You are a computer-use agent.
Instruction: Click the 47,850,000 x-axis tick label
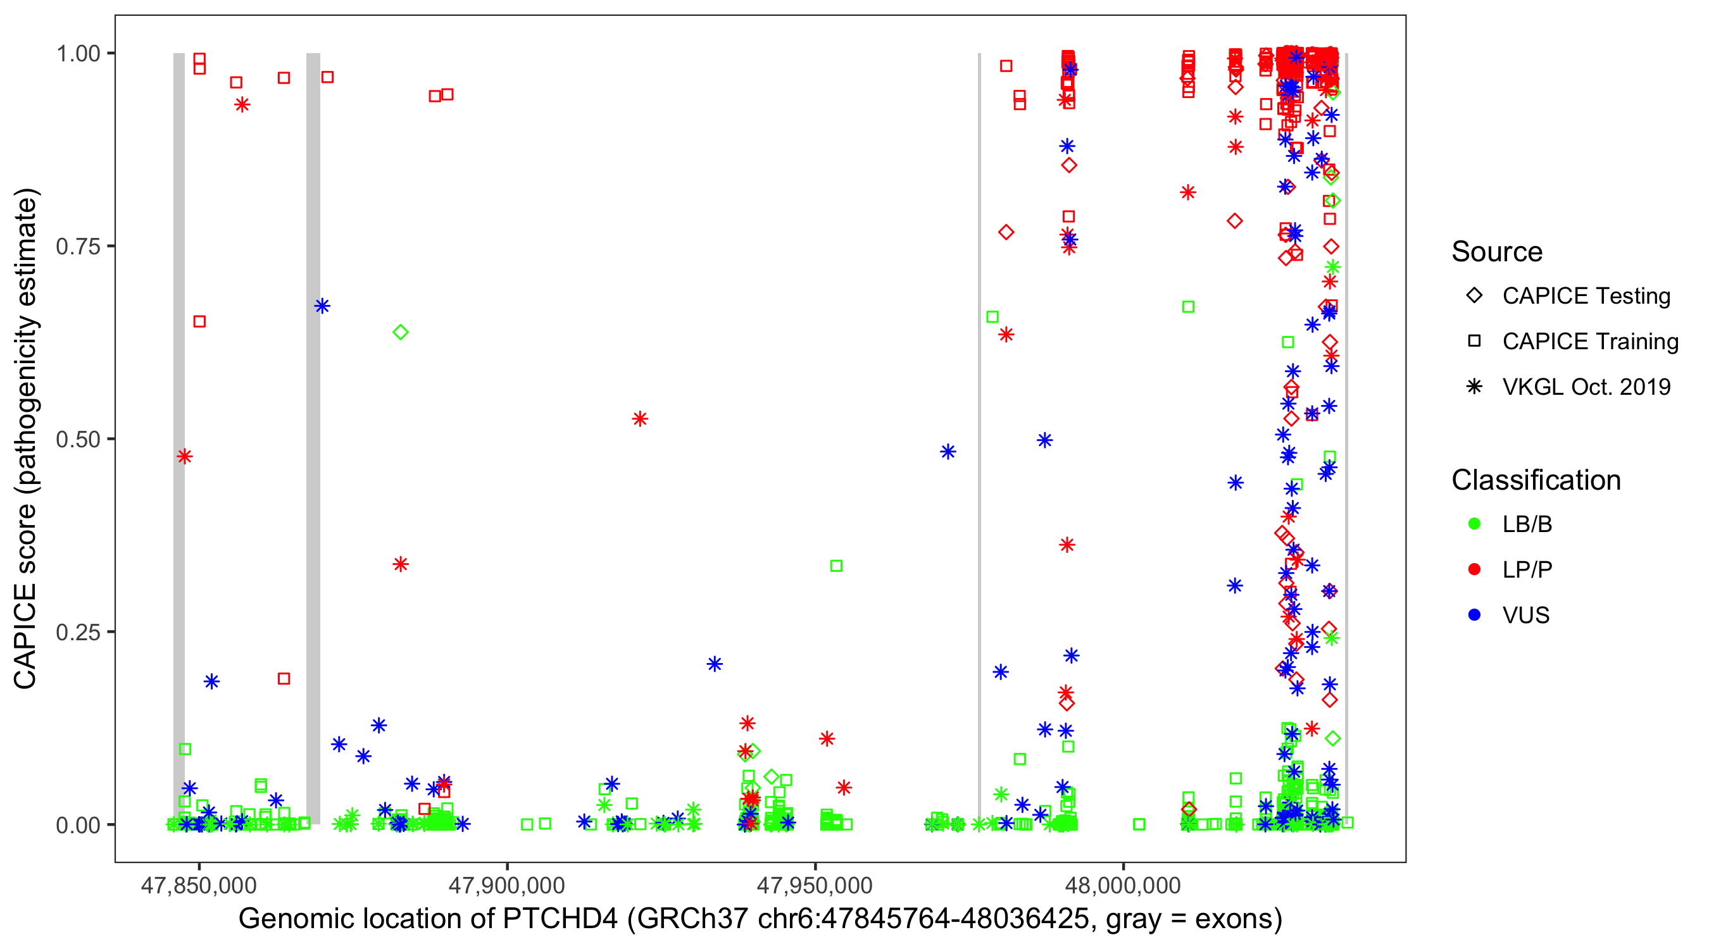[x=198, y=885]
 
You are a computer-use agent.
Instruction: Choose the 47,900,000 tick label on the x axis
[x=507, y=885]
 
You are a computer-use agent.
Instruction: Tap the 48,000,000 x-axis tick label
[x=1122, y=885]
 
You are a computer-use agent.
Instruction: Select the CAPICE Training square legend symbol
[x=1474, y=342]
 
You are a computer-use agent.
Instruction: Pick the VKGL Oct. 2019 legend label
[x=1586, y=387]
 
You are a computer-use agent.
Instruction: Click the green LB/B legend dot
[x=1474, y=524]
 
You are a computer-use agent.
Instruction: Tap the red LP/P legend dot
[x=1474, y=569]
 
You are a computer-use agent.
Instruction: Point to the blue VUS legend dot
[x=1474, y=616]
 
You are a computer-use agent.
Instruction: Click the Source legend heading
[x=1497, y=252]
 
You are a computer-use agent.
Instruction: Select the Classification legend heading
[x=1536, y=480]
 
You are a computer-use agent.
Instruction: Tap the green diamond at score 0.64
[x=400, y=332]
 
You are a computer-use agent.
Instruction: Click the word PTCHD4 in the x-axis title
[x=561, y=919]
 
